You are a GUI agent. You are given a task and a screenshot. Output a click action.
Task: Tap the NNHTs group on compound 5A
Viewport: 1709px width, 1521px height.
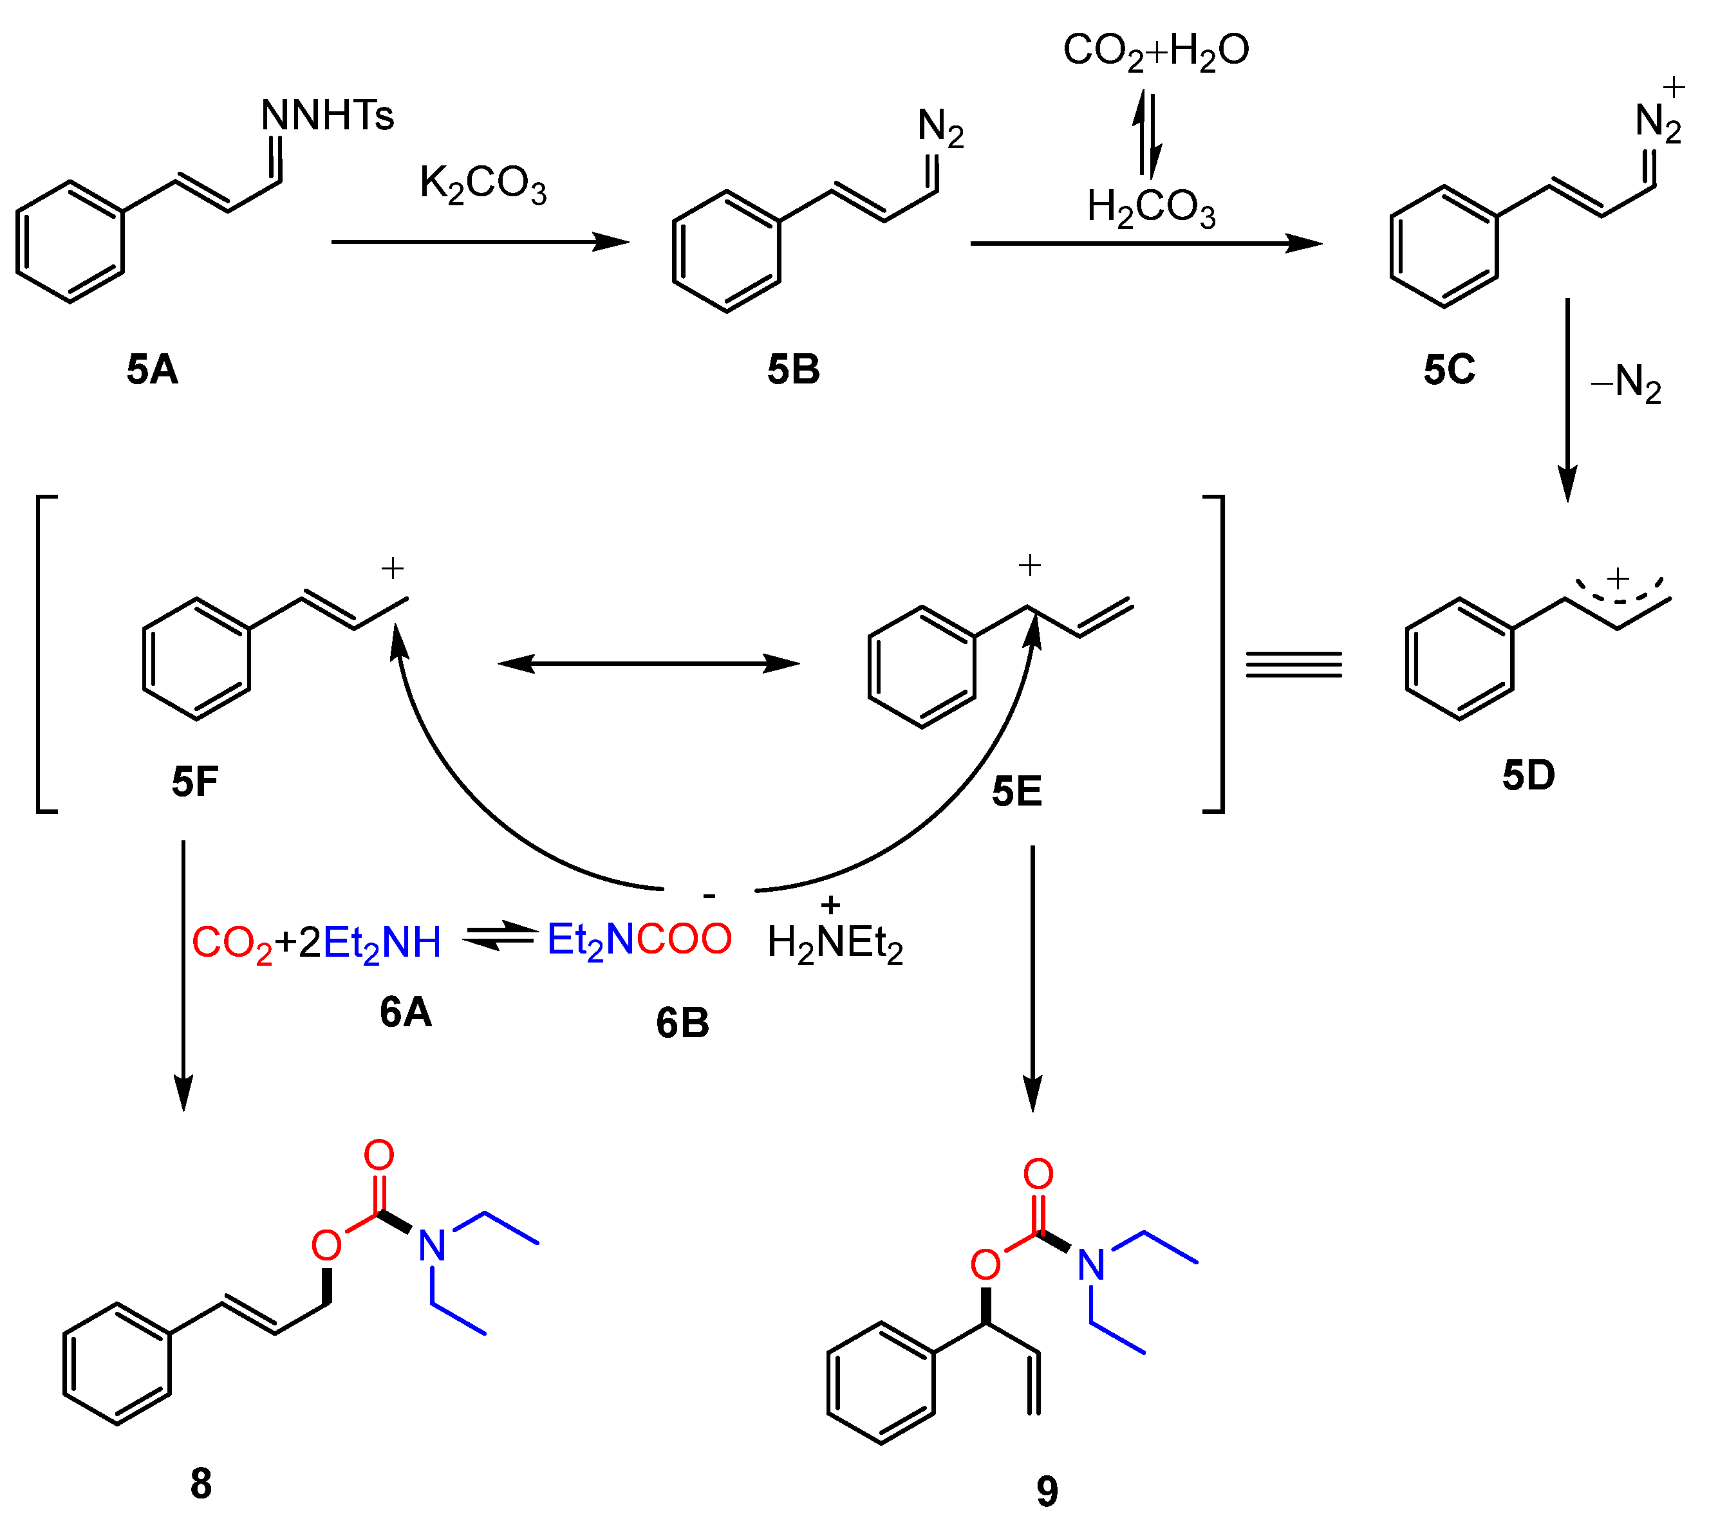tap(327, 115)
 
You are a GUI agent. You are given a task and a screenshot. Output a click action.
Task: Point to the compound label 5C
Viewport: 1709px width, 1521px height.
tap(1449, 369)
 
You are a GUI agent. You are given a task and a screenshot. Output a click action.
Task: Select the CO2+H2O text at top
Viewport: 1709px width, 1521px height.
tap(1155, 51)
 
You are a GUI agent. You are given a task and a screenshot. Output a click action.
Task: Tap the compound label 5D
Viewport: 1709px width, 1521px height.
tap(1528, 775)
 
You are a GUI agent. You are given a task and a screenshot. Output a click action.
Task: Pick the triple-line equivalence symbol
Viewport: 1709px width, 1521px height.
tap(1293, 665)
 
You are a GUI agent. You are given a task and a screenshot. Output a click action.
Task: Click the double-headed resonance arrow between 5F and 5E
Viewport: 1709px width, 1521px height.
tap(649, 663)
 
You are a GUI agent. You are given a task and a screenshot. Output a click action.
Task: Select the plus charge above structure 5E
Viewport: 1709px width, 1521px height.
tap(1029, 566)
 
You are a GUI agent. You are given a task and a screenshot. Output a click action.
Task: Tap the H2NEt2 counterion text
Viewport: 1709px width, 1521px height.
tap(834, 943)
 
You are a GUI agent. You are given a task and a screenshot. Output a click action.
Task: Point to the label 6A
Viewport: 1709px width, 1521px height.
tap(406, 1012)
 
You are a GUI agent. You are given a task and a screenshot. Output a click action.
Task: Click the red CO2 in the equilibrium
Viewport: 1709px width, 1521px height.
tap(232, 943)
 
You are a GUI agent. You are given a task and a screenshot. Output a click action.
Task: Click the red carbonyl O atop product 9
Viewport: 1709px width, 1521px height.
tap(1038, 1174)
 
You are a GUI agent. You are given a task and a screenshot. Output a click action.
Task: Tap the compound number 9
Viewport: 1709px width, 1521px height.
tap(1047, 1490)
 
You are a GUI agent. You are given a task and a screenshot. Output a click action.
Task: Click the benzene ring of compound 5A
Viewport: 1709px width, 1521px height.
tap(70, 241)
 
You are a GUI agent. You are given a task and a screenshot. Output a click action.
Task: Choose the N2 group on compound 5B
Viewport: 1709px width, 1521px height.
tap(940, 128)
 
